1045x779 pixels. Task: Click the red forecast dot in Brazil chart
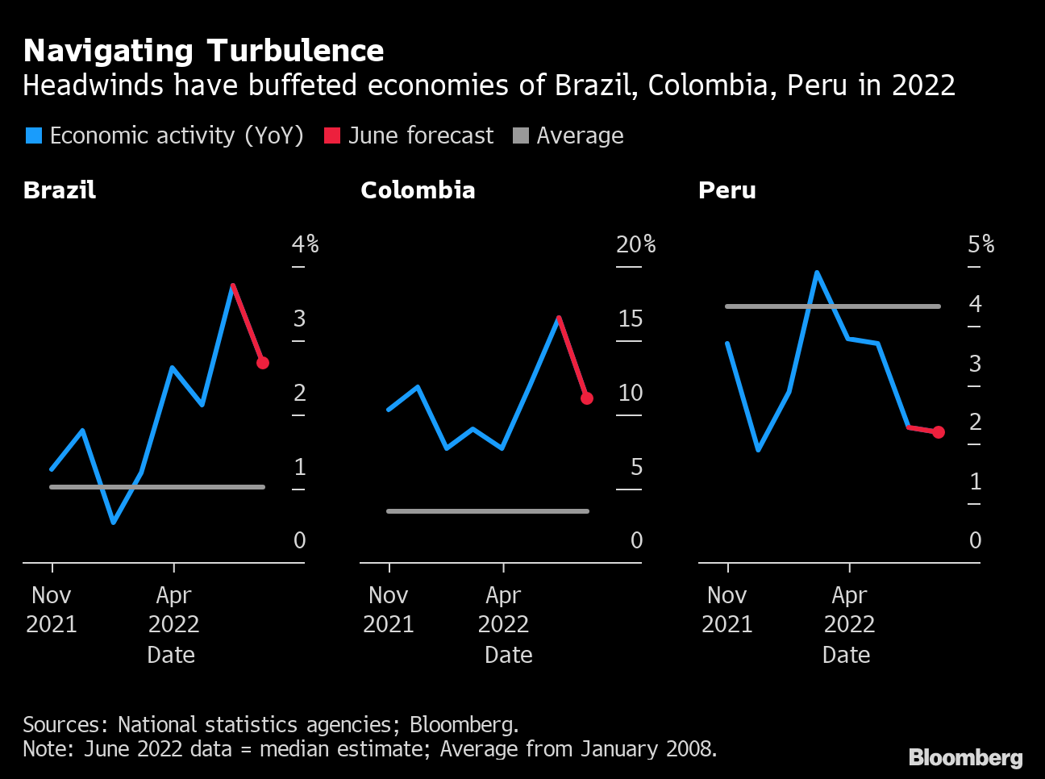tap(263, 363)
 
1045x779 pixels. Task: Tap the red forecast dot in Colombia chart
tap(587, 398)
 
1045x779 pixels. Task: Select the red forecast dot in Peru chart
tap(939, 432)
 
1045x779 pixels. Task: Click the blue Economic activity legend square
tap(34, 135)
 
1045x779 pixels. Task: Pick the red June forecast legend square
tap(332, 135)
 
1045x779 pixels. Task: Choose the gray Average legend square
tap(521, 135)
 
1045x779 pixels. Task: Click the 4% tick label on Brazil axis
tap(305, 244)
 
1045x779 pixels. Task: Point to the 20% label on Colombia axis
tap(635, 244)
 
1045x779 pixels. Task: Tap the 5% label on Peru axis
tap(980, 244)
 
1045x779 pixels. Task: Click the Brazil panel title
tap(60, 190)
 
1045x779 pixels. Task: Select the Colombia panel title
tap(418, 190)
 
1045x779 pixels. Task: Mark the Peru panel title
tap(727, 190)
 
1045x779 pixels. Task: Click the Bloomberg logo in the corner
tap(965, 758)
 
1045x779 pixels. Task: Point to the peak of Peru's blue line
tap(817, 273)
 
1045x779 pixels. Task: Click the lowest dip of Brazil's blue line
tap(114, 523)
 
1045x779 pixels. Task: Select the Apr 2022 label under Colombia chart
tap(503, 610)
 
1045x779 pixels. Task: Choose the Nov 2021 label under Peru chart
tap(727, 610)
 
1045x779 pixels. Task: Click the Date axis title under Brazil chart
tap(171, 655)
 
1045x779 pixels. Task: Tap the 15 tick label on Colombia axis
tap(631, 319)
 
